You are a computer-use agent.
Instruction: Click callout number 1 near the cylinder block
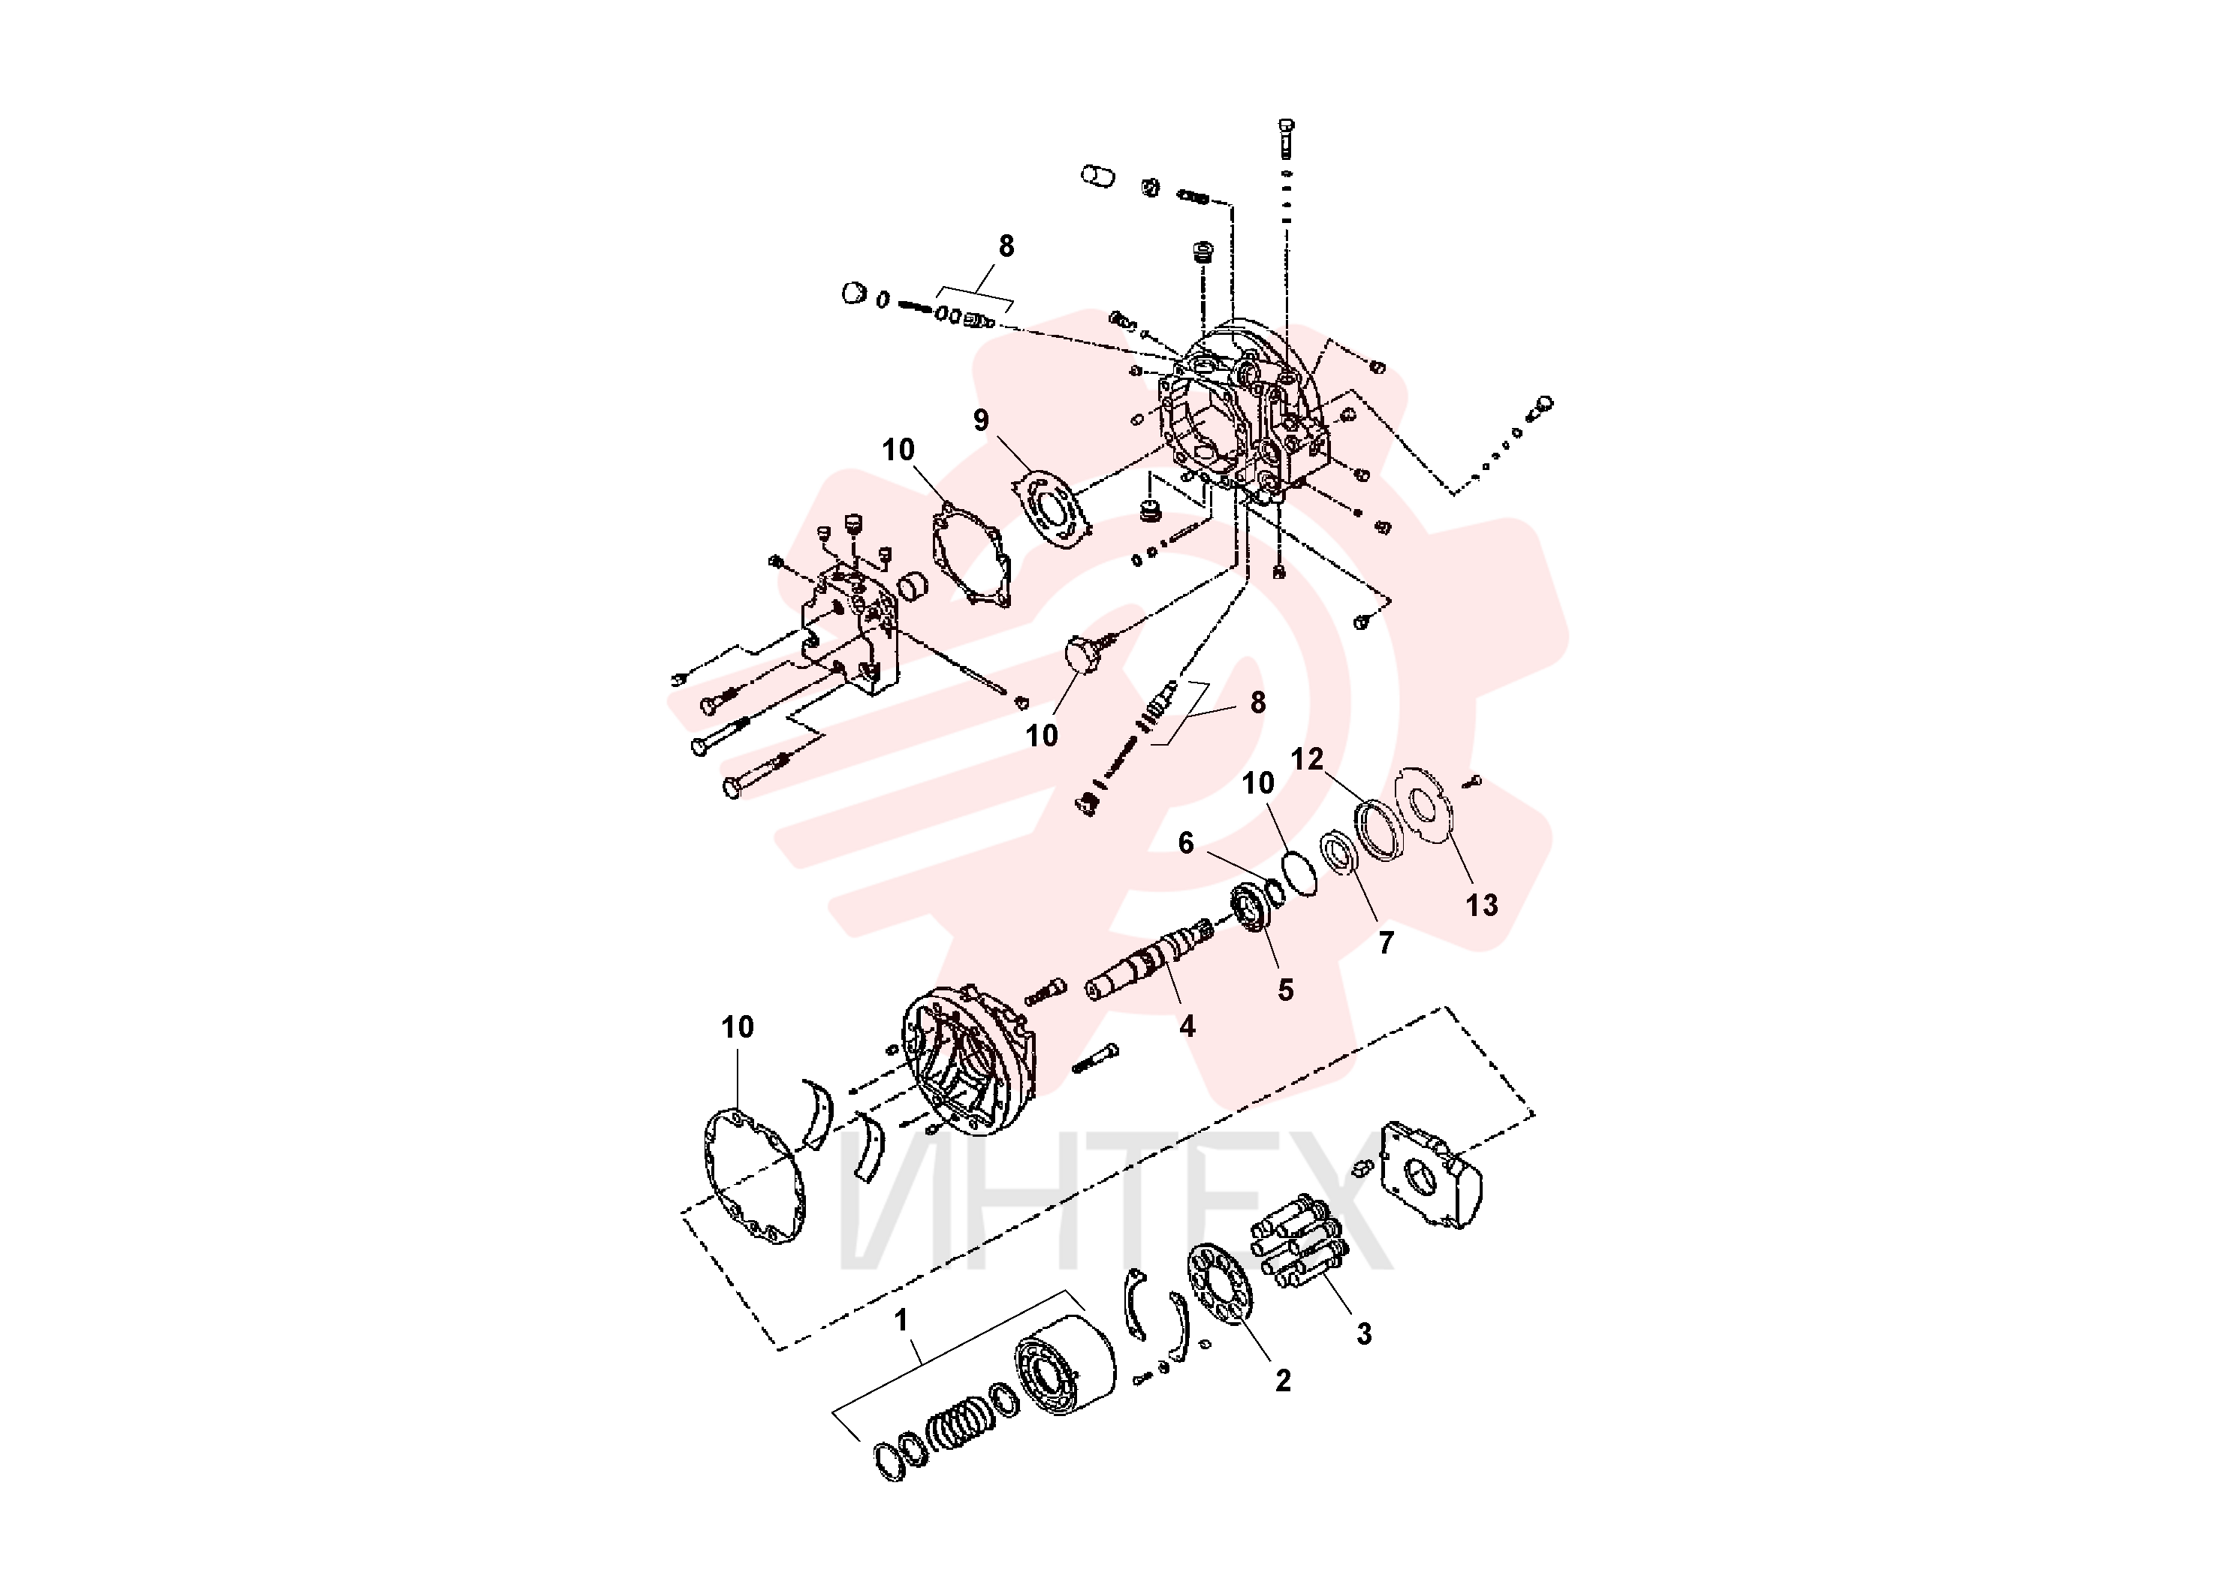[x=901, y=1320]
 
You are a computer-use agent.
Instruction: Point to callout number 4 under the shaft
[x=1187, y=1026]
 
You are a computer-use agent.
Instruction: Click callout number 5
[x=1286, y=990]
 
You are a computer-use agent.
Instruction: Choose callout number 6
[x=1185, y=843]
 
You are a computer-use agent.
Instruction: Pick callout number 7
[x=1386, y=942]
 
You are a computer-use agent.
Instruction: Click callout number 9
[x=981, y=420]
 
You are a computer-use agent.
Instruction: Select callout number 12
[x=1307, y=758]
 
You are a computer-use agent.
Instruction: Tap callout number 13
[x=1481, y=906]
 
